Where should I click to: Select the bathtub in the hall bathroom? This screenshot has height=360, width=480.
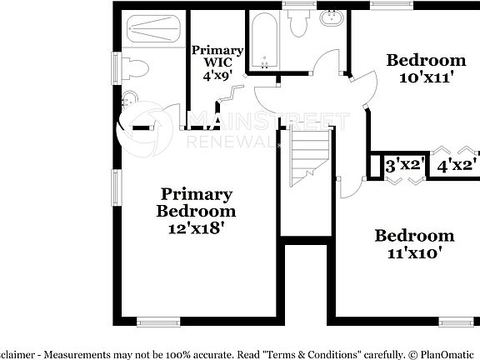click(266, 39)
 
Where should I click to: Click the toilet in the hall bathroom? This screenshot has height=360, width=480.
click(298, 23)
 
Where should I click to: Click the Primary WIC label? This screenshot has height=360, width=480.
click(217, 56)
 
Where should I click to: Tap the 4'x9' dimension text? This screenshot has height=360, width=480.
click(217, 75)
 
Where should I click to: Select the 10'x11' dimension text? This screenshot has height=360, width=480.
click(425, 78)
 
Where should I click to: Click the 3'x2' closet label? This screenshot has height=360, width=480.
click(405, 166)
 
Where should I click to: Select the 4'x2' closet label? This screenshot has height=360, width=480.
click(457, 166)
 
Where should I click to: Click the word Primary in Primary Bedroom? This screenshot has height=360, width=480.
click(196, 194)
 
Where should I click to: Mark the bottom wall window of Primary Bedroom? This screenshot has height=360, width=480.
click(158, 322)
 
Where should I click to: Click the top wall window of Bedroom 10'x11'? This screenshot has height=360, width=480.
click(388, 4)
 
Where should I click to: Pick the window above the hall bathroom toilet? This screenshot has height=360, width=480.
click(297, 4)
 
